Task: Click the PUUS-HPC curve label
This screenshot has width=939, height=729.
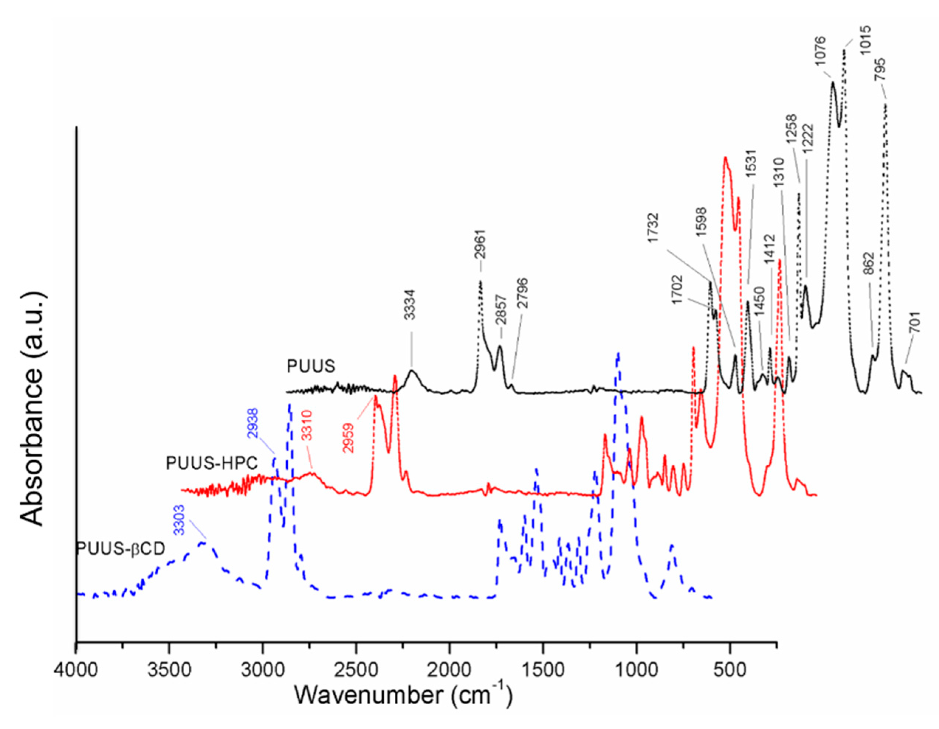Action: [x=212, y=463]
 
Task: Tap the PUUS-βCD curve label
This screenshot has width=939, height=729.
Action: [x=121, y=549]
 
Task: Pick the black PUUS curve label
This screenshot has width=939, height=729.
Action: [x=311, y=366]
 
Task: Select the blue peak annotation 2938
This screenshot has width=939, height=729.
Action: [x=253, y=423]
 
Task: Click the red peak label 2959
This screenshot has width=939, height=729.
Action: [x=348, y=438]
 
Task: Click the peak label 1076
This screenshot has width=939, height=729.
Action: [x=820, y=51]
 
